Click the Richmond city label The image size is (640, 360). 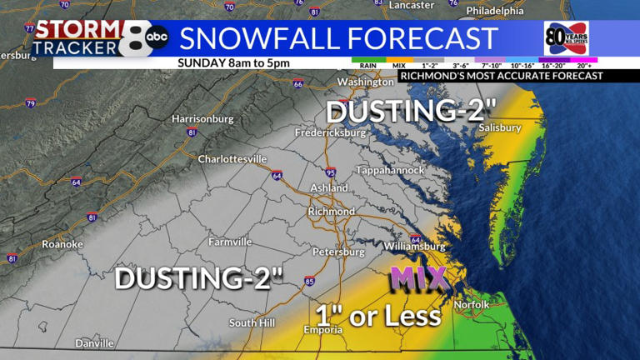point(331,212)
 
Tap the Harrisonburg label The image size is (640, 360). point(202,119)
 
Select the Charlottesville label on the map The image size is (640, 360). point(232,159)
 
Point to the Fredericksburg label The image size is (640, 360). point(330,133)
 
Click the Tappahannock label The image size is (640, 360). point(390,170)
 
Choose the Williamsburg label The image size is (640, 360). point(414,247)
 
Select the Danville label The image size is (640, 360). point(94,343)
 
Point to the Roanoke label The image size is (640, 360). point(62,244)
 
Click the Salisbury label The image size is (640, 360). point(500,127)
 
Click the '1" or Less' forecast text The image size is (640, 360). point(377,316)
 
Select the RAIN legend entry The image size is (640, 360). point(367,64)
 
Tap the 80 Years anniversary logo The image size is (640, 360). point(566,38)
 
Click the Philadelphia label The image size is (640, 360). point(497,11)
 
